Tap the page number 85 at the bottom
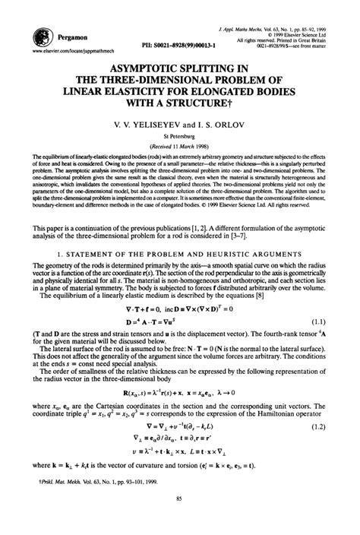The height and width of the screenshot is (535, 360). (179, 518)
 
